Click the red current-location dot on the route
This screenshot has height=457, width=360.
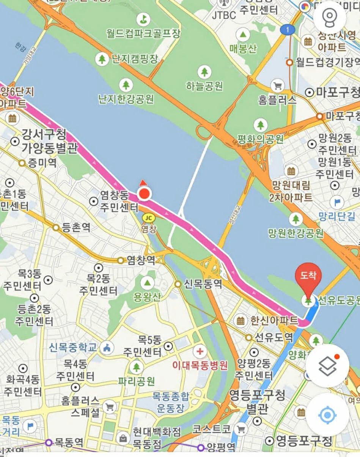tap(144, 195)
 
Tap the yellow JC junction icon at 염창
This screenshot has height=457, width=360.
tap(149, 218)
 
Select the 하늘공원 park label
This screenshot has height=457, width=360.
tap(204, 86)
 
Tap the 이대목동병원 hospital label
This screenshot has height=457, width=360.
tap(200, 366)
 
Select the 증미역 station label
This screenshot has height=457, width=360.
tap(42, 163)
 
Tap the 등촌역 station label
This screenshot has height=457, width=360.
tap(76, 228)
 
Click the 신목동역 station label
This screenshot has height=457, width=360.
tap(203, 284)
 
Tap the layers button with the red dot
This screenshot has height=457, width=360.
tap(327, 366)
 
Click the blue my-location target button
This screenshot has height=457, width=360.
tap(327, 415)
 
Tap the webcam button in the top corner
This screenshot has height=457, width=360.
tap(329, 17)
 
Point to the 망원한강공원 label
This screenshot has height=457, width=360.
tap(296, 232)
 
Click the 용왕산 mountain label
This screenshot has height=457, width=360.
tap(147, 297)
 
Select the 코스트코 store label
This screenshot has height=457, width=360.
tap(211, 429)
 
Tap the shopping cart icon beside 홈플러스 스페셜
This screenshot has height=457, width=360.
tap(110, 407)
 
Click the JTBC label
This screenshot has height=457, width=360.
tap(224, 15)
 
